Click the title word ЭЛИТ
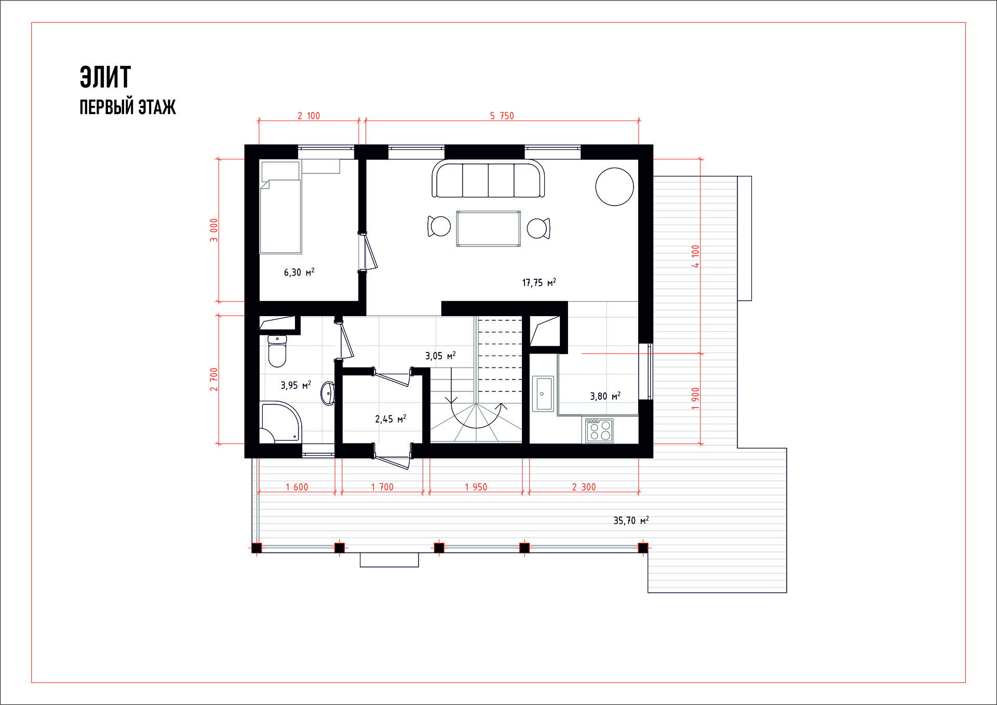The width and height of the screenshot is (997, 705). coord(105,77)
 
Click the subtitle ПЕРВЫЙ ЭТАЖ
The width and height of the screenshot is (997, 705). coord(128,107)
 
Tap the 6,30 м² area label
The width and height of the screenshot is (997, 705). coord(299,272)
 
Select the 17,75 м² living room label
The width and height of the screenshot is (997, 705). coord(539,282)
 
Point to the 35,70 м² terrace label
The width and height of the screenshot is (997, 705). coord(631,520)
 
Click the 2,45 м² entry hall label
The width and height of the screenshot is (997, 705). coord(390,418)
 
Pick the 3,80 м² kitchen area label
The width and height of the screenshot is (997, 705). coord(605,396)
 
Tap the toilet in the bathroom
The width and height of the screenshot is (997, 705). coord(277,351)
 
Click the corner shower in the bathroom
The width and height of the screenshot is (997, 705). coord(280,423)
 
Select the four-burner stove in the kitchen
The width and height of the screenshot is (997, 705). coord(600,430)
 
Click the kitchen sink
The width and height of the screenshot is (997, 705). coord(543,394)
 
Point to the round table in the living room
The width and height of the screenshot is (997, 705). coord(614,187)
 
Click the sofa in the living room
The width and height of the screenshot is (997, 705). coord(488,179)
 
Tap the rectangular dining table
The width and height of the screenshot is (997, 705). coord(488,228)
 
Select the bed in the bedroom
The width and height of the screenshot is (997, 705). coord(281,207)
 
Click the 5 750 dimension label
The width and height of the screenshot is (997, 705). coord(502,116)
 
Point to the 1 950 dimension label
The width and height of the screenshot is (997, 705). coord(476,487)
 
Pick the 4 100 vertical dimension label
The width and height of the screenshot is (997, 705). coord(695,256)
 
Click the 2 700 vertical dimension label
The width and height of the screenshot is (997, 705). coord(214,379)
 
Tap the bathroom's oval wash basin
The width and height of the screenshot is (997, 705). coord(328,394)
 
